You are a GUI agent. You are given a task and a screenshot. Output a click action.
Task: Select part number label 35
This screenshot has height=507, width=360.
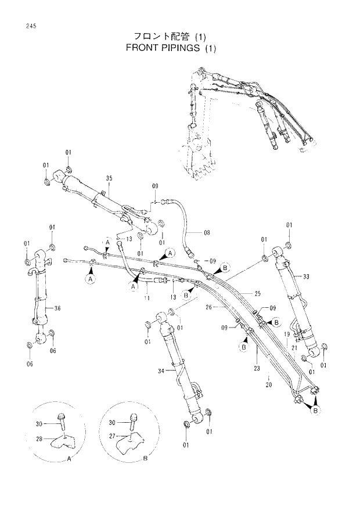109,178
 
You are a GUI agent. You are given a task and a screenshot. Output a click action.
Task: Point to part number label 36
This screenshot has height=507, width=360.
57,308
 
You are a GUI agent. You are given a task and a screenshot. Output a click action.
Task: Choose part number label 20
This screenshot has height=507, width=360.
268,384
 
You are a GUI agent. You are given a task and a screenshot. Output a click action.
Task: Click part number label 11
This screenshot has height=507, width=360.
147,298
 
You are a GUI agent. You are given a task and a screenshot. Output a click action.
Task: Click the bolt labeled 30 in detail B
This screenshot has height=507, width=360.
134,417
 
